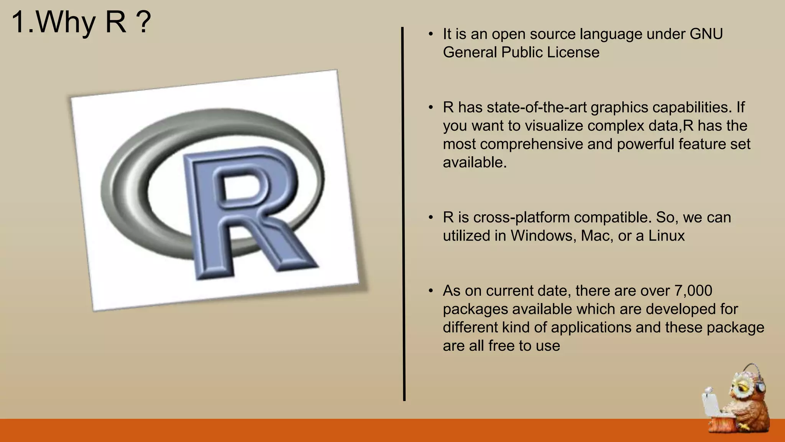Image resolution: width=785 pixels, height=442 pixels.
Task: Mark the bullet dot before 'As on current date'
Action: [x=431, y=291]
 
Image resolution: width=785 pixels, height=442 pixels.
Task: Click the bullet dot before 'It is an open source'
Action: [x=431, y=34]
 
